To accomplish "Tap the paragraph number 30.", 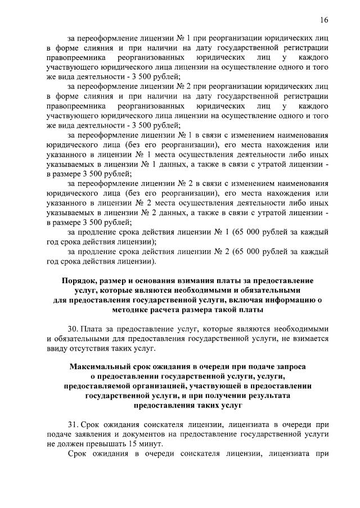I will [73, 328].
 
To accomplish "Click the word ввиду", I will [58, 349].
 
